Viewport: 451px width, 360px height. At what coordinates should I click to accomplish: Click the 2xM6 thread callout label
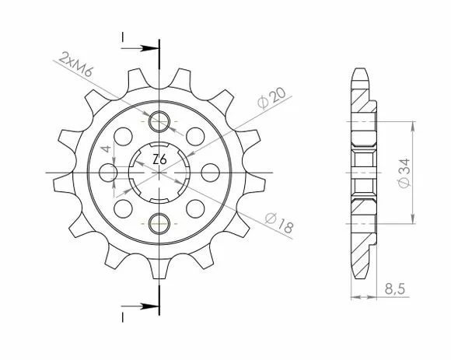[75, 65]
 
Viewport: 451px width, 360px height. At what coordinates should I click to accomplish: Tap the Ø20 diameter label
[271, 98]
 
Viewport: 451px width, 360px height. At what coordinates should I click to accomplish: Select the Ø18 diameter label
[279, 223]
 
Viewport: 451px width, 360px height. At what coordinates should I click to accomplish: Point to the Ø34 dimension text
[404, 173]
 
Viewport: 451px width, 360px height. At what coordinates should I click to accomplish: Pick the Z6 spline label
[159, 159]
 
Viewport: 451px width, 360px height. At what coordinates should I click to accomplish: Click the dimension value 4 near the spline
[106, 149]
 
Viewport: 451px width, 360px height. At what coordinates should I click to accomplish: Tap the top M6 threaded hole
[159, 121]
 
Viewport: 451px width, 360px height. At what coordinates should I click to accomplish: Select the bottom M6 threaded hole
[159, 223]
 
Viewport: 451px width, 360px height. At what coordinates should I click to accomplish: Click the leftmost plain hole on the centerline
[108, 173]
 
